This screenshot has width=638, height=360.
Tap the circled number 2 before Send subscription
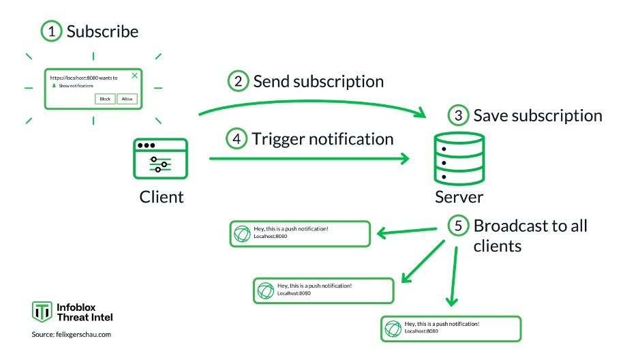point(237,82)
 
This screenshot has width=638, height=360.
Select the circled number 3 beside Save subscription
point(458,116)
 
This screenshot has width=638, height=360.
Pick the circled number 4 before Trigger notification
point(236,139)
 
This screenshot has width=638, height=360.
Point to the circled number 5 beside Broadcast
point(458,226)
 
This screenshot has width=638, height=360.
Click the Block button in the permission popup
point(105,99)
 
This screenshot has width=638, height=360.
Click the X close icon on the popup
point(134,76)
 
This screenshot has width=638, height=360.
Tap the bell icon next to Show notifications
point(53,87)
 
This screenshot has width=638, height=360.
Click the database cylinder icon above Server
point(459,158)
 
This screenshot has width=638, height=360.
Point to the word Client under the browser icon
point(162,197)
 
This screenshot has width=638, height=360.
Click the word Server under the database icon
point(459,197)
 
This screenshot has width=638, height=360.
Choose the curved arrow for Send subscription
point(314,102)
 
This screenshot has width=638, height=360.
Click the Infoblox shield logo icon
point(42,312)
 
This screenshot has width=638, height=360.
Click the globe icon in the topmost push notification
point(242,234)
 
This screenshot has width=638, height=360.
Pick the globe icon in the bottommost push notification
point(393,328)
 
